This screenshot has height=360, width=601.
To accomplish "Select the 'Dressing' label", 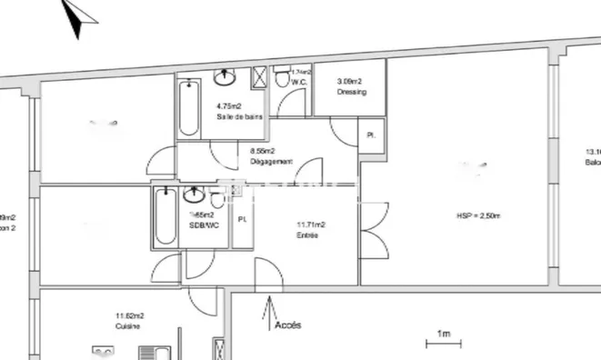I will [x=351, y=91].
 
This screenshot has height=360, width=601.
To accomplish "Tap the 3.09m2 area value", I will [x=350, y=80].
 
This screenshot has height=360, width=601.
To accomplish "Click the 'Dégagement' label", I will [x=271, y=162].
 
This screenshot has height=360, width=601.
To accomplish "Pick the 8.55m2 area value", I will [x=263, y=152].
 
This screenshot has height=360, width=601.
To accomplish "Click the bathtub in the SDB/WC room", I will [x=165, y=216].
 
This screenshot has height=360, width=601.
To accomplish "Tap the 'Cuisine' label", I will [x=126, y=325].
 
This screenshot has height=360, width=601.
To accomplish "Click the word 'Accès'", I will [x=287, y=325].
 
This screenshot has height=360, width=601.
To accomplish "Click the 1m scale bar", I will [x=444, y=343].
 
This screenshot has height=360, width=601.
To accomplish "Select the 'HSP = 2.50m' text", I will [x=479, y=215].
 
